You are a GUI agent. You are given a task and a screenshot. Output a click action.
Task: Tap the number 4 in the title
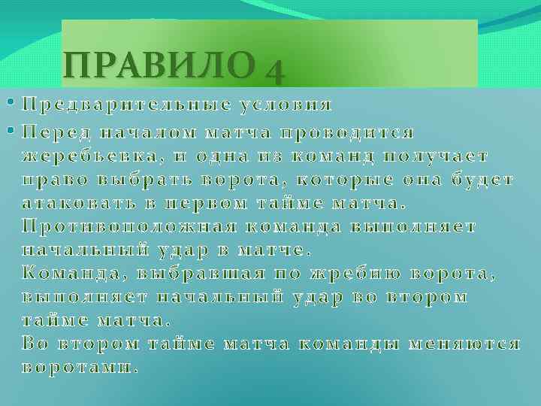click(274, 71)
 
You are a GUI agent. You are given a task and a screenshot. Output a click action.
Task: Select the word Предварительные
click(119, 103)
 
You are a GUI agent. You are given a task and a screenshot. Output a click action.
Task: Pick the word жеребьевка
click(90, 156)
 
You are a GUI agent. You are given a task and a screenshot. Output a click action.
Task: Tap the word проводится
click(346, 133)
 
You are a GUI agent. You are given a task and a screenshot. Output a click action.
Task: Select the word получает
click(437, 156)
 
